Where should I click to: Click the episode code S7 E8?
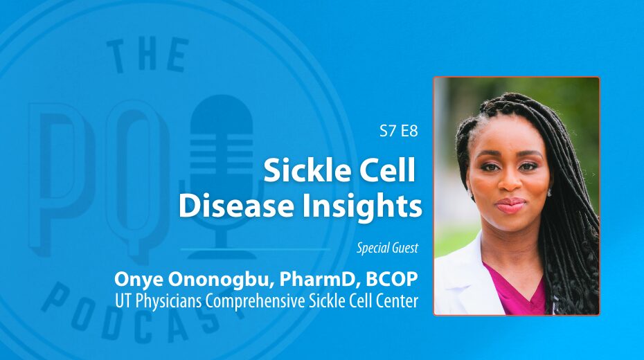click(398, 131)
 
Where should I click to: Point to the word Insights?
click(362, 207)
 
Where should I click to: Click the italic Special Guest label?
click(387, 248)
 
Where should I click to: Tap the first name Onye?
click(138, 280)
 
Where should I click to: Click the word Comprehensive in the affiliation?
click(255, 301)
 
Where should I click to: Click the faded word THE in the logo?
click(147, 56)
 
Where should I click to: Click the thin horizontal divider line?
click(255, 249)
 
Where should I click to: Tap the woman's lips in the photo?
click(511, 204)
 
